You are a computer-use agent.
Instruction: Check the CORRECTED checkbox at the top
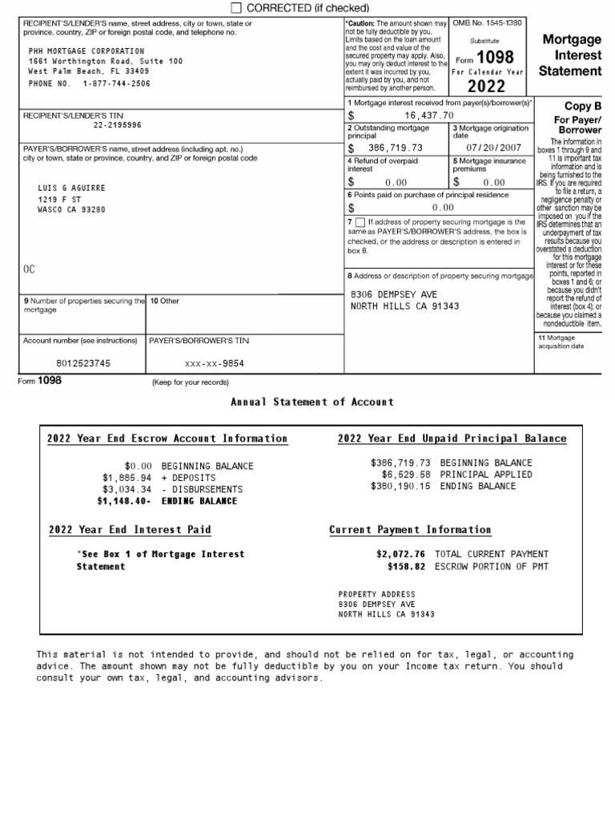[236, 8]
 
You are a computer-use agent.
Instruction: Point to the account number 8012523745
[83, 363]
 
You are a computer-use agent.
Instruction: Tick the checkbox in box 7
[359, 222]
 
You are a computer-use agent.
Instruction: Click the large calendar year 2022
[486, 87]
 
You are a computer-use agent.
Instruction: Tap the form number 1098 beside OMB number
[495, 58]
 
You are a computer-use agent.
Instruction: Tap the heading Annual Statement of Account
[312, 402]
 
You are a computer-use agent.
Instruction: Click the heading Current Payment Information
[410, 530]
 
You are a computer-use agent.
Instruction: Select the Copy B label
[582, 106]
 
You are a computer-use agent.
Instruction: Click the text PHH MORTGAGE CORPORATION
[86, 51]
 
